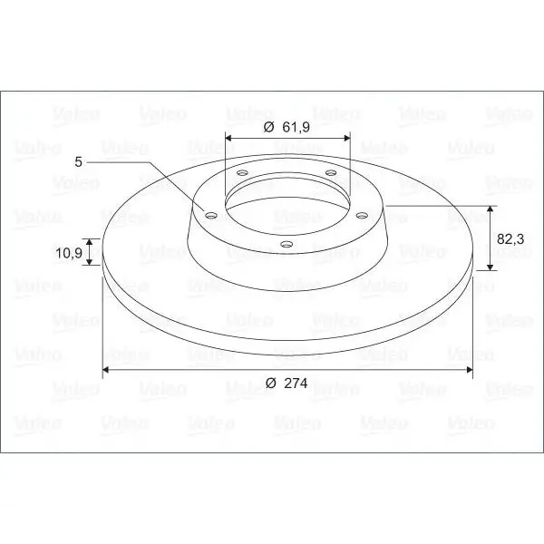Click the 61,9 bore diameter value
click(296, 127)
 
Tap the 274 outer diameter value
click(296, 383)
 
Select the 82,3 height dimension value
click(510, 239)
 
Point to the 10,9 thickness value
click(69, 253)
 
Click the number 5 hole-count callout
click(79, 161)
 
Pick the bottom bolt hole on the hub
click(287, 244)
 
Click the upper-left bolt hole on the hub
click(242, 172)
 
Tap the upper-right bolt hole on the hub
click(331, 172)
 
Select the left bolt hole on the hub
click(211, 216)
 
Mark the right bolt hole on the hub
click(362, 216)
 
